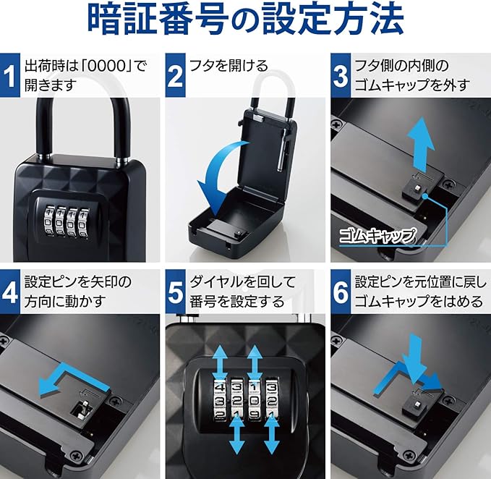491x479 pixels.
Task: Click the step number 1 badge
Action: (9, 75)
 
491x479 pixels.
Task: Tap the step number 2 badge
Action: (175, 75)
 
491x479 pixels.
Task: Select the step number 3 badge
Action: (341, 75)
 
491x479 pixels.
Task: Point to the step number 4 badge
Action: (9, 292)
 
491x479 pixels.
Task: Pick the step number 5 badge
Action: (175, 292)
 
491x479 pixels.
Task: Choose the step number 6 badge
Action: (341, 292)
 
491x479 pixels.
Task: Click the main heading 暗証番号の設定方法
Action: (246, 20)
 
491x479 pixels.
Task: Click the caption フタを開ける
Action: (229, 66)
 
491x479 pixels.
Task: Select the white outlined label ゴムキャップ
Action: (378, 236)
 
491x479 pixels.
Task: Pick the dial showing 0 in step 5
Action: (255, 400)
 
